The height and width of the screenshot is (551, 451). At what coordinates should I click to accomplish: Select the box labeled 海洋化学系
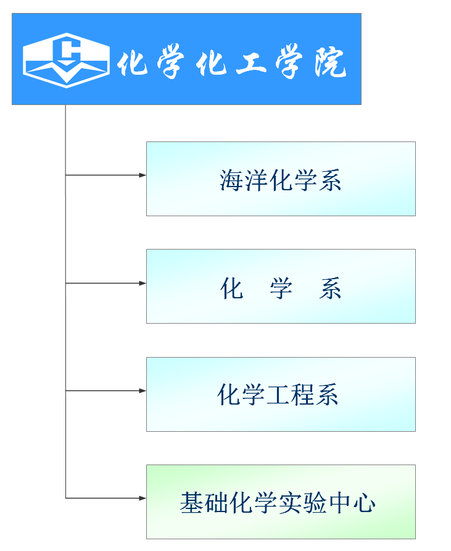click(281, 179)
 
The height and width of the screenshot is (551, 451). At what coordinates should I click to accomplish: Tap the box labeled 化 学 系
click(281, 286)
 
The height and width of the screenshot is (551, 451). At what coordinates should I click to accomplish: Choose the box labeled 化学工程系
click(281, 394)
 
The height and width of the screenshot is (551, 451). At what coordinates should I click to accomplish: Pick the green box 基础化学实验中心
click(281, 502)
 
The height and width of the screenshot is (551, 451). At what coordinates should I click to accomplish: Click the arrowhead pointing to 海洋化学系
click(142, 175)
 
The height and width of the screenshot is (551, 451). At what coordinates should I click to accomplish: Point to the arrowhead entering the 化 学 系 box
click(142, 284)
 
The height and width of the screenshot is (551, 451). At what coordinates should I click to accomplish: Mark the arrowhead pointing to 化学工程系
click(142, 391)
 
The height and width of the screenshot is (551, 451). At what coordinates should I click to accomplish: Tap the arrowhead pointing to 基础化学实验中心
click(142, 498)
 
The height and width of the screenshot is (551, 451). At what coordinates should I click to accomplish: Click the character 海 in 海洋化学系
click(231, 180)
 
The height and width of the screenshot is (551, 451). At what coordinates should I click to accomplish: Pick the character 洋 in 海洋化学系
click(256, 180)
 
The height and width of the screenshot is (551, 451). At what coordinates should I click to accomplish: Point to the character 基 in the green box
click(191, 503)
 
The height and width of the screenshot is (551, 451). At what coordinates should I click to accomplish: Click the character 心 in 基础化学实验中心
click(365, 503)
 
